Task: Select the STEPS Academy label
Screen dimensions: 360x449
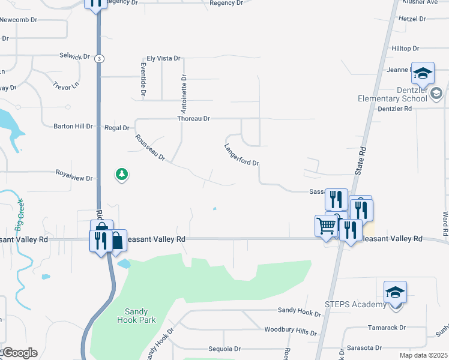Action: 357,305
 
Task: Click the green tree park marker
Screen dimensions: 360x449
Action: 122,175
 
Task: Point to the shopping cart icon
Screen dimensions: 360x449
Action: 326,226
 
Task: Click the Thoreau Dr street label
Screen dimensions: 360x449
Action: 193,119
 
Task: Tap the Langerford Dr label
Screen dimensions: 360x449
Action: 241,155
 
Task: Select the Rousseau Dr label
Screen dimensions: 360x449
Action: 150,147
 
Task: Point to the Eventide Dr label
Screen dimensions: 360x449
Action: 143,79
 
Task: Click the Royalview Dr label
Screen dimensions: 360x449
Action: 74,178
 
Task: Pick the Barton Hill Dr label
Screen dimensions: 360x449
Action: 73,127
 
